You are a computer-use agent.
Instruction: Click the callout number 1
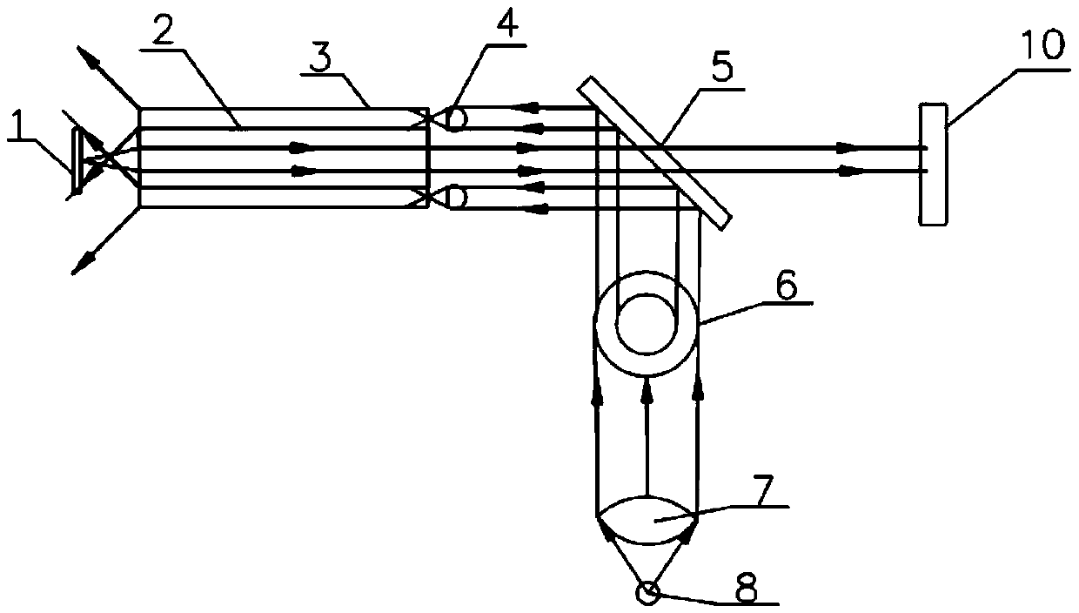pyautogui.click(x=20, y=125)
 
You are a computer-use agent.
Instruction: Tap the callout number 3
pyautogui.click(x=321, y=57)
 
